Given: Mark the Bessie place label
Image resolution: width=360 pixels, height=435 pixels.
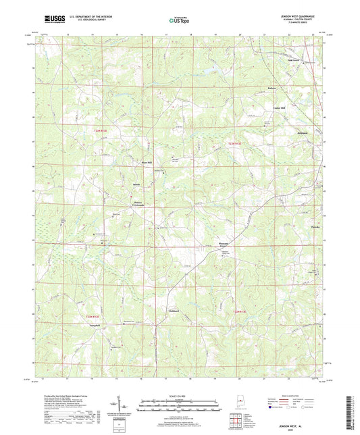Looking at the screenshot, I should point(136,183).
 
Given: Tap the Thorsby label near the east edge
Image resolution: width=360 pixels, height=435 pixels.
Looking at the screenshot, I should point(314,227).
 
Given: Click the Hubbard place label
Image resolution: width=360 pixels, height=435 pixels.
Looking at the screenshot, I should point(173,312).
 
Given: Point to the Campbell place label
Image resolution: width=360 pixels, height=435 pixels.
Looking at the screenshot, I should point(68,326).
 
